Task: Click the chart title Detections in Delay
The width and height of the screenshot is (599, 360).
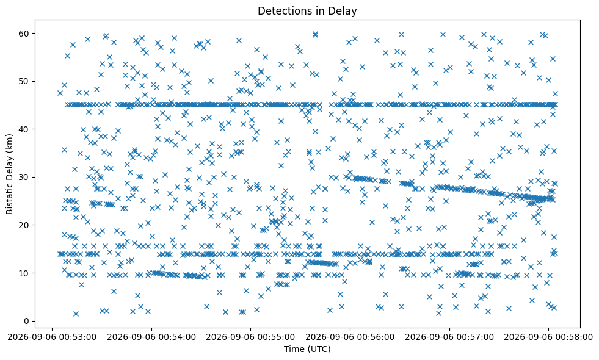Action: click(307, 11)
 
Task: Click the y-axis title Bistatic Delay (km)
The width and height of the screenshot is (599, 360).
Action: click(10, 174)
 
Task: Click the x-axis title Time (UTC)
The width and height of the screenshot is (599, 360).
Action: click(307, 349)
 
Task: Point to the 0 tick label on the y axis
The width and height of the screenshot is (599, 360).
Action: click(27, 321)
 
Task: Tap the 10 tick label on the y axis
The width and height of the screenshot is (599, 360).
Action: click(24, 273)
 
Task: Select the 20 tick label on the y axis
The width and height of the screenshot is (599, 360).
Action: click(24, 225)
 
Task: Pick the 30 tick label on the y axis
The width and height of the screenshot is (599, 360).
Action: click(24, 177)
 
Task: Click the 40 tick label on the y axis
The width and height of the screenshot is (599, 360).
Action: click(24, 129)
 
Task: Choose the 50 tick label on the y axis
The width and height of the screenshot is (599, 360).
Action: click(24, 81)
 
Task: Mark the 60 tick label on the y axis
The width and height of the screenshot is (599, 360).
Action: click(24, 34)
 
